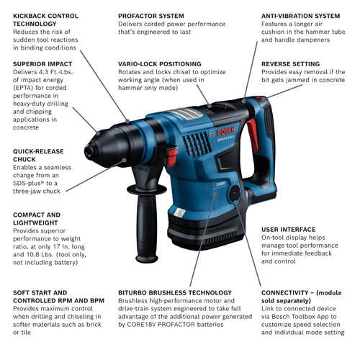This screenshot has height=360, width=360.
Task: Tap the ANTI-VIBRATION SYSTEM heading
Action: (300, 15)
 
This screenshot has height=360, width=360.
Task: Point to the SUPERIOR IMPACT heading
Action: (42, 63)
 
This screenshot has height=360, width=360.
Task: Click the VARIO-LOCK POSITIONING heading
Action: (159, 63)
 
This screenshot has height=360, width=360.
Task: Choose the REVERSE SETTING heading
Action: (290, 63)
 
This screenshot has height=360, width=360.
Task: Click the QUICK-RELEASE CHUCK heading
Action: (37, 156)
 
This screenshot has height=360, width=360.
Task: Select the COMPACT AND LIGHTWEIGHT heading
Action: (37, 219)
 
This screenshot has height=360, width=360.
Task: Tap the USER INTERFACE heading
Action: (289, 230)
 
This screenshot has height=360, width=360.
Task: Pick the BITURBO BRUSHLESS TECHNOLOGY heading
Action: (175, 292)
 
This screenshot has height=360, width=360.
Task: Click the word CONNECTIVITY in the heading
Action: (286, 292)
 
